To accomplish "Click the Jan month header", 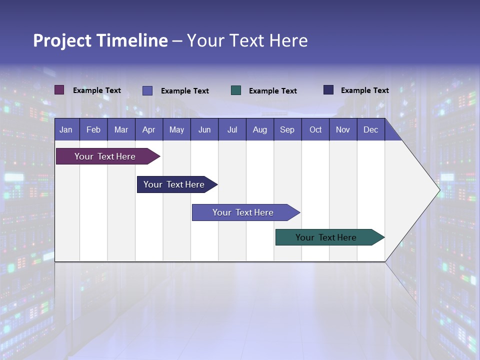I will click(x=66, y=130).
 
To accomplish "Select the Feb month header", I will click(x=93, y=130).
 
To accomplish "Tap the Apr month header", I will click(x=148, y=130).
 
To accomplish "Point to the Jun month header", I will click(x=204, y=130).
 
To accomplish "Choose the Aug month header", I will click(x=259, y=130).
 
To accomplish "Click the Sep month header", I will click(x=287, y=130).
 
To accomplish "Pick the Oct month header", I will click(x=315, y=130).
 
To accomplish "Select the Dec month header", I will click(x=370, y=130).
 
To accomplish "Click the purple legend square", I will click(x=59, y=90).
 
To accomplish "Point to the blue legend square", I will click(x=147, y=90).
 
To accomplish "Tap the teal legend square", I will click(x=236, y=90).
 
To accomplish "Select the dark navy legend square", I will click(x=328, y=90).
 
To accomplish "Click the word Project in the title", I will click(x=62, y=40).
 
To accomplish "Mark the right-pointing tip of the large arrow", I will click(x=439, y=190).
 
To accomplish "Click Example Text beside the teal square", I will click(x=273, y=91).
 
